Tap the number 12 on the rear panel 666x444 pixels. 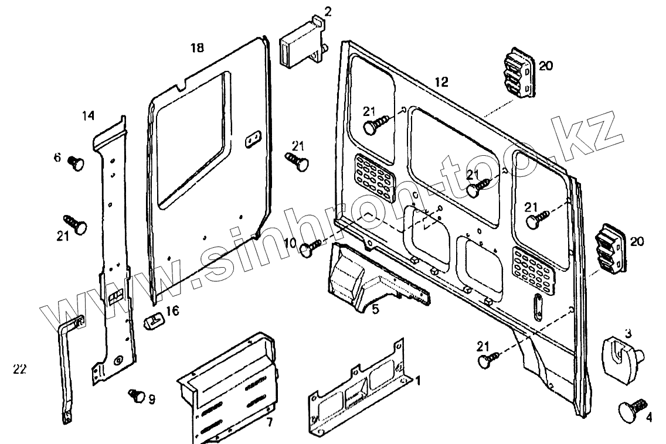coord(441,82)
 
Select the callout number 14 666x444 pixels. coord(88,116)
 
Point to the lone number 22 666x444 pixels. coord(19,368)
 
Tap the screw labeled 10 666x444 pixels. coord(311,248)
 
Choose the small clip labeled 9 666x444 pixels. coord(136,395)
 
